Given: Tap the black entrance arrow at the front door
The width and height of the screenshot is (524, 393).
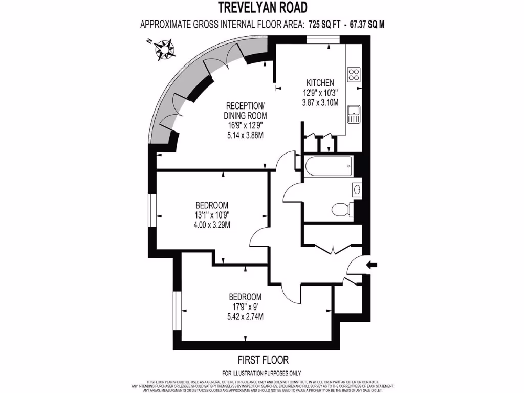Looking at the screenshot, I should [x=372, y=265].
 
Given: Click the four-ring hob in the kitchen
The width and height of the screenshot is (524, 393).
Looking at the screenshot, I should [x=354, y=75].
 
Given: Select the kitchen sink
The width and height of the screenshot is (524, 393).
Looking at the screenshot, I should [x=353, y=114].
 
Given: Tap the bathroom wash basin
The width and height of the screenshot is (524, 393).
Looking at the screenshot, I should [x=357, y=190].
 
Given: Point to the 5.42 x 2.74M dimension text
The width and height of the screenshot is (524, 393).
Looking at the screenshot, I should [x=246, y=316].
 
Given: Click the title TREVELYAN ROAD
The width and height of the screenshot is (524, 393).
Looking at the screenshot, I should [x=263, y=7].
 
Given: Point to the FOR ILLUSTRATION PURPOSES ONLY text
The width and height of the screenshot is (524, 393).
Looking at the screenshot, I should [x=262, y=373].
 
